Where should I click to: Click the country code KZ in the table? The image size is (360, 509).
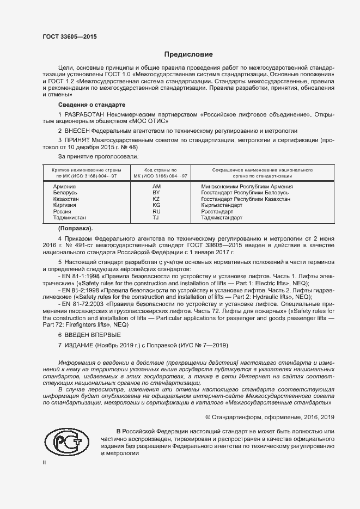156,199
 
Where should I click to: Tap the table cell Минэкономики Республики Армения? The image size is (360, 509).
247,187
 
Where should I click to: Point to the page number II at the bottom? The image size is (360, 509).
44,463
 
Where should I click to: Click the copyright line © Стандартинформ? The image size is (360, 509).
269,417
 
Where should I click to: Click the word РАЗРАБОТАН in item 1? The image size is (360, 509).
86,114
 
